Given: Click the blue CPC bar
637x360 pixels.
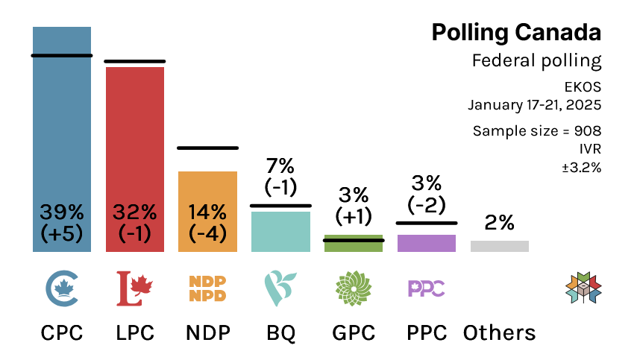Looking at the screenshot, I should [62, 119].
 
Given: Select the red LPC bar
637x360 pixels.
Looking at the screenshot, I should [135, 134].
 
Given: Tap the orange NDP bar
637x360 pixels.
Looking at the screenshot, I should [207, 186].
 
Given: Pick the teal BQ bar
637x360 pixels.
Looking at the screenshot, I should [280, 232].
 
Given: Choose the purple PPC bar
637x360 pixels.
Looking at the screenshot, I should [426, 243].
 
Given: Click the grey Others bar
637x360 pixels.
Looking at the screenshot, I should [499, 246].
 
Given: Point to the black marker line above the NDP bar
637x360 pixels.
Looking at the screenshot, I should [207, 148].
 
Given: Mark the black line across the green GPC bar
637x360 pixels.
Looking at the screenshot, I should [354, 240].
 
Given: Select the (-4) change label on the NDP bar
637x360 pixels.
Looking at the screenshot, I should [207, 233].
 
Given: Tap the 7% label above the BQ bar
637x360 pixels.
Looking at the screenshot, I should [280, 165].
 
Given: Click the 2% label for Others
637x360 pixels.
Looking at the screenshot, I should [499, 222].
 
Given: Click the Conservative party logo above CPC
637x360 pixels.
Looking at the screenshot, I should [62, 288].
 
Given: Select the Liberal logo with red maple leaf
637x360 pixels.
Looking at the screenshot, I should [135, 288].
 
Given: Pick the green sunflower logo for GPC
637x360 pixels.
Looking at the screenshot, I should [354, 288].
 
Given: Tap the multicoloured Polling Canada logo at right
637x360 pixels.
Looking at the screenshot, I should [583, 288].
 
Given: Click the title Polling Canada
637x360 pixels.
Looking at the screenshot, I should [516, 33].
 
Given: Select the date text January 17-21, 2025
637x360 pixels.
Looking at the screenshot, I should [534, 104].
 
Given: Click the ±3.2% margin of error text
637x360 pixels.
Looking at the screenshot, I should [581, 167].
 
